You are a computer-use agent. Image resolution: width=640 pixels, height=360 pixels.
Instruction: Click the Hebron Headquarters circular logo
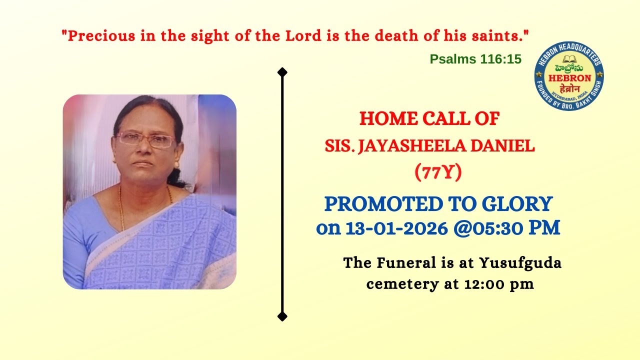click(569, 75)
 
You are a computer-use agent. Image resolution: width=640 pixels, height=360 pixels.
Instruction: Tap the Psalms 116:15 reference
click(475, 59)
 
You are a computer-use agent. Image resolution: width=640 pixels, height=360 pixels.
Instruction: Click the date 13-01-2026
click(395, 228)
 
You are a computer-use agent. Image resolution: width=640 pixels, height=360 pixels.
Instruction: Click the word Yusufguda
click(520, 262)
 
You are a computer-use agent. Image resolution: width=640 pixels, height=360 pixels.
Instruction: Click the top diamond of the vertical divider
click(282, 72)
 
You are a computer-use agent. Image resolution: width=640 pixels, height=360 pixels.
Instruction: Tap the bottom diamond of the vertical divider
click(282, 316)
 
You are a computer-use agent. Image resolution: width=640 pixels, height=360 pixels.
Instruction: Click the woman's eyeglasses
click(145, 139)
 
